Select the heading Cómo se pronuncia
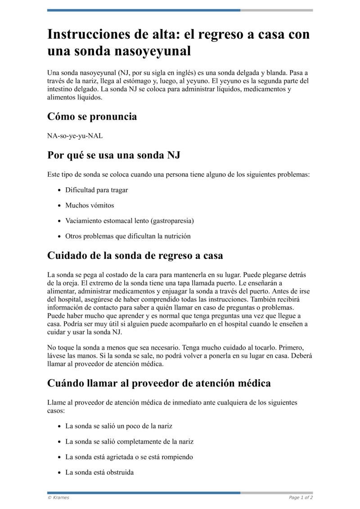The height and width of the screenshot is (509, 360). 92,117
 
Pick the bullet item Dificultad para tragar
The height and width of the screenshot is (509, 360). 96,190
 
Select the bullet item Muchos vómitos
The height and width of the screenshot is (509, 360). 90,205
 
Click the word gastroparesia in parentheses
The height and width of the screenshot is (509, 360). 172,221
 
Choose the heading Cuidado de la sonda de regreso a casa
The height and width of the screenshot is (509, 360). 135,256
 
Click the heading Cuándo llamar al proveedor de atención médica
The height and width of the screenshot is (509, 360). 159,383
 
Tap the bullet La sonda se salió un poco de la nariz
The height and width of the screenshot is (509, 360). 119,426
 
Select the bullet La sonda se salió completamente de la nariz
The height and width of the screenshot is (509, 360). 129,441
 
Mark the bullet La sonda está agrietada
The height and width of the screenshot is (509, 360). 129,457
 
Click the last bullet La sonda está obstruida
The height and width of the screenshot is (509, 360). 99,473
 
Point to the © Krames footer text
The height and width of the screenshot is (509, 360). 58,498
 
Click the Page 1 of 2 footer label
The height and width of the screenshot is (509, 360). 301,498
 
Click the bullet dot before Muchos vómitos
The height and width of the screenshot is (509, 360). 59,206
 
